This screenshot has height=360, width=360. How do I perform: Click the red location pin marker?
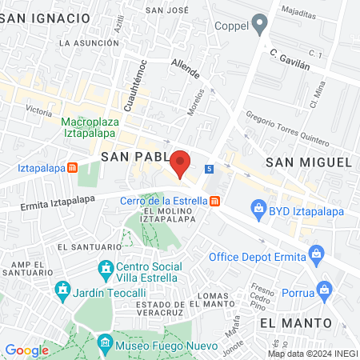point(181,163)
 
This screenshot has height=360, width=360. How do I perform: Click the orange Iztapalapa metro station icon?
point(73,168)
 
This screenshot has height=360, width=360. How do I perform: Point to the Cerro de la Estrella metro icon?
point(214,201)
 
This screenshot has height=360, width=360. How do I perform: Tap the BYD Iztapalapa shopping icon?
point(258,210)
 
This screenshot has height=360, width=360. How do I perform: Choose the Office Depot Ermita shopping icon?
point(317,257)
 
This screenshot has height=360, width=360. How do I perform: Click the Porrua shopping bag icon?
point(324,288)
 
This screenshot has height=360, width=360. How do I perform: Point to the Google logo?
point(26,350)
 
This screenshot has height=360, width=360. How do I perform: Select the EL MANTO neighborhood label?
point(295,322)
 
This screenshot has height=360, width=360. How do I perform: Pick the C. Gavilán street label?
point(289,58)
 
